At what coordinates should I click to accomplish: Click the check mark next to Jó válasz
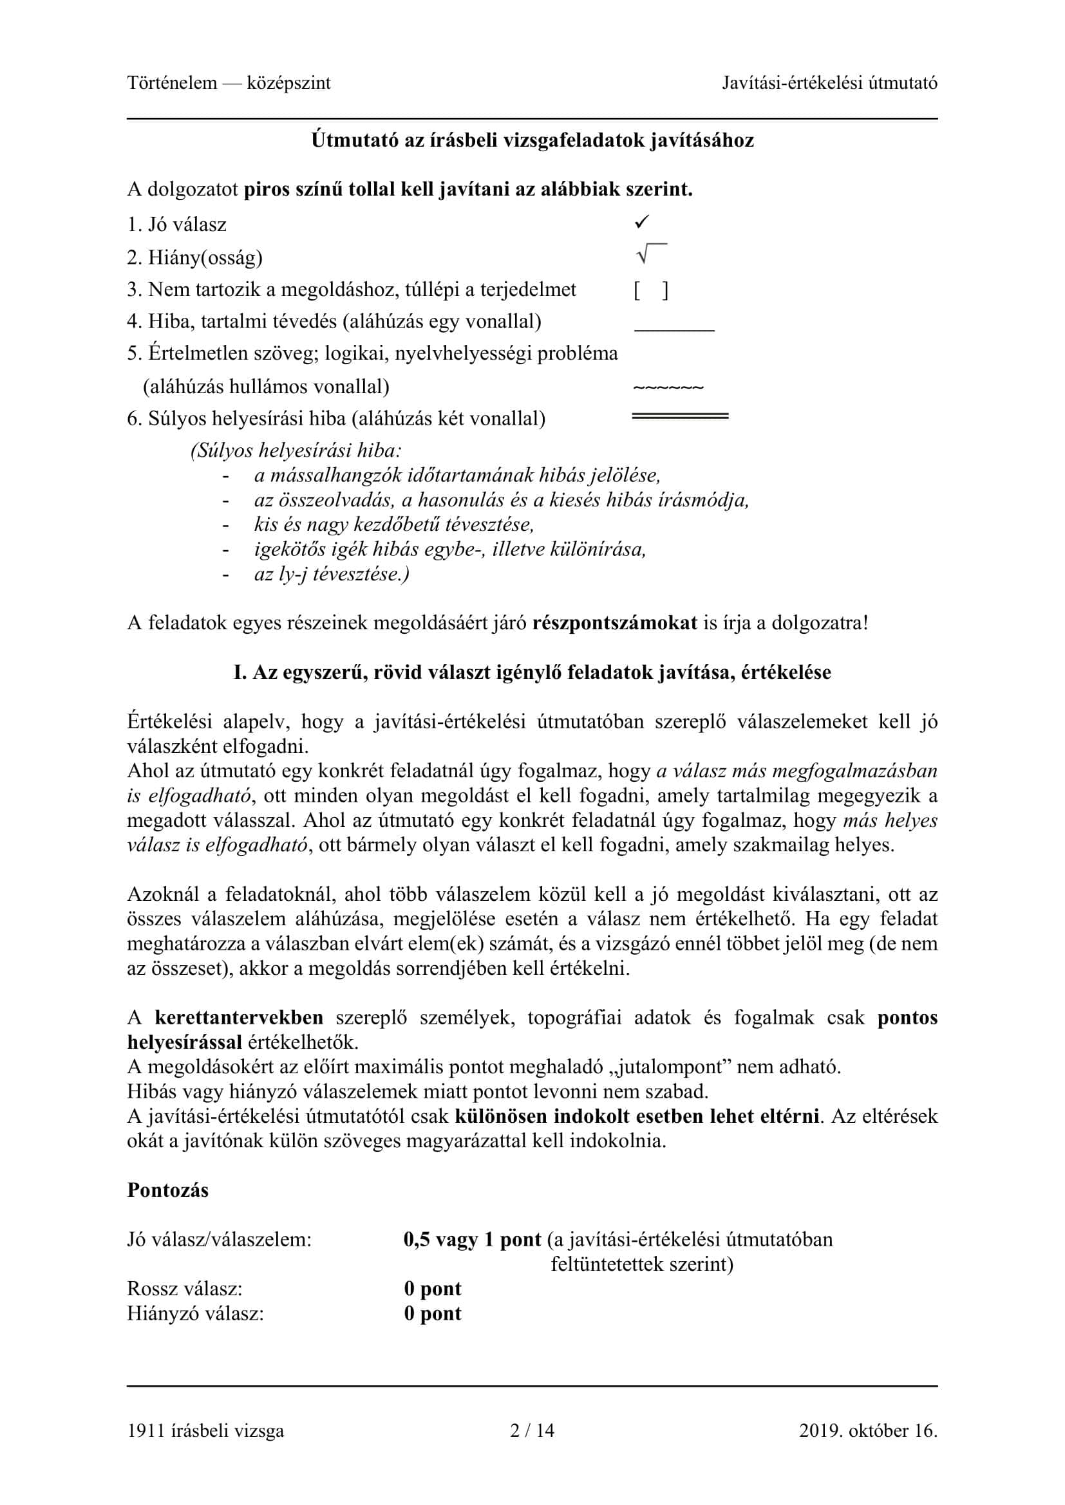[641, 223]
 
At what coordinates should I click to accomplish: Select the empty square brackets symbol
[650, 290]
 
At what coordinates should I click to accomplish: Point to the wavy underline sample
[668, 388]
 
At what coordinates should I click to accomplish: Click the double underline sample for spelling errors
[679, 416]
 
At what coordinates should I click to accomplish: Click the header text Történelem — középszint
[229, 83]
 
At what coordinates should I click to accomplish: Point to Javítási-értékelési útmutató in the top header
[829, 83]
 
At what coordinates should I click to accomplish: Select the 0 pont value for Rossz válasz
[433, 1289]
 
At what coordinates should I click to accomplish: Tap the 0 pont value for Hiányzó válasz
[433, 1314]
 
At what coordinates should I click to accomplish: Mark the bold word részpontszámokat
[614, 623]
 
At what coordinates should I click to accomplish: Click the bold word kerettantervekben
[239, 1017]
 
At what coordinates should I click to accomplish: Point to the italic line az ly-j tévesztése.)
[332, 574]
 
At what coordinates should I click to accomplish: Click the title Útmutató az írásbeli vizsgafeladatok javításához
[532, 140]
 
